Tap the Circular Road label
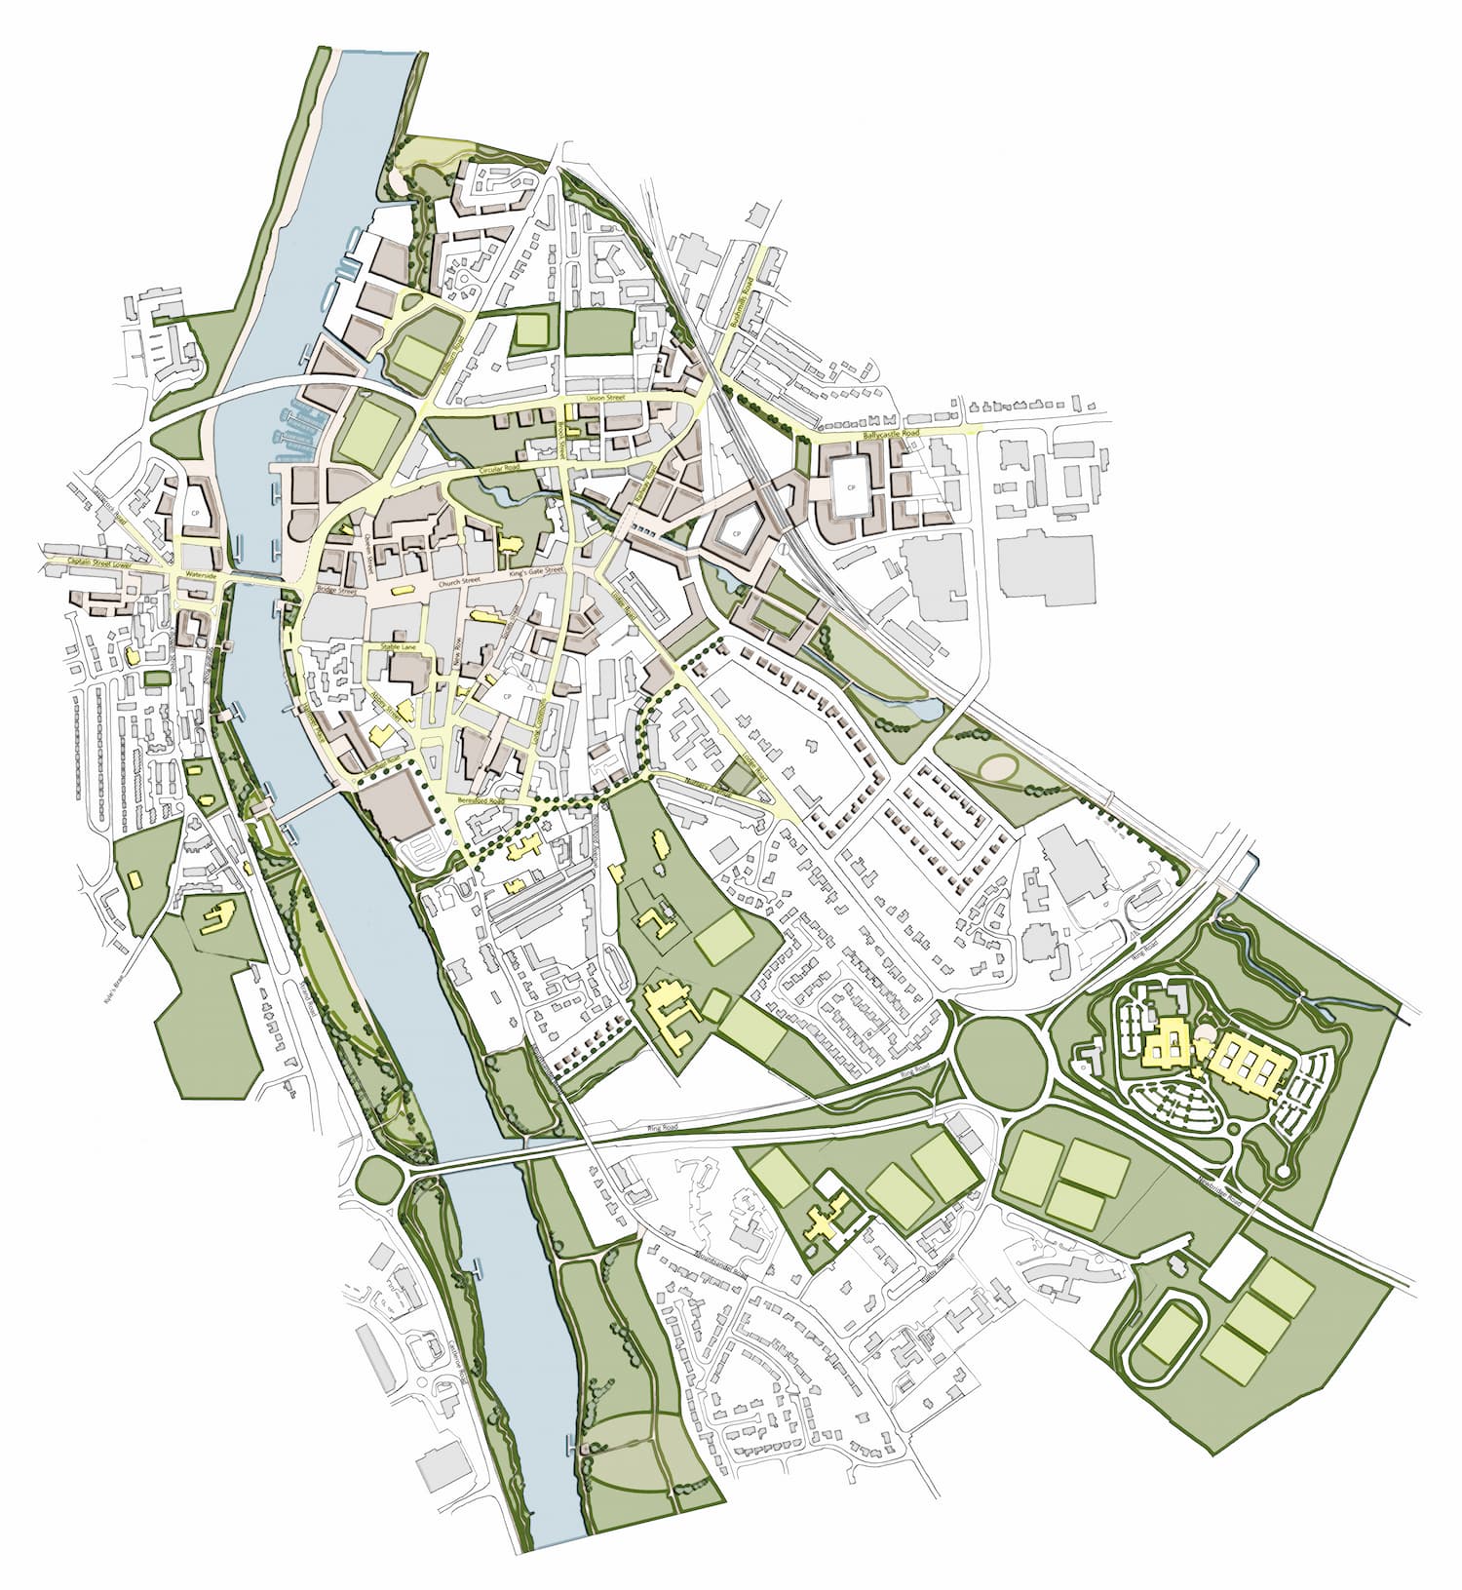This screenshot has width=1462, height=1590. pyautogui.click(x=501, y=472)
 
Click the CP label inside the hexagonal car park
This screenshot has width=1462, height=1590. pyautogui.click(x=737, y=534)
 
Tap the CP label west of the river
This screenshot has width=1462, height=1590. pyautogui.click(x=194, y=512)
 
